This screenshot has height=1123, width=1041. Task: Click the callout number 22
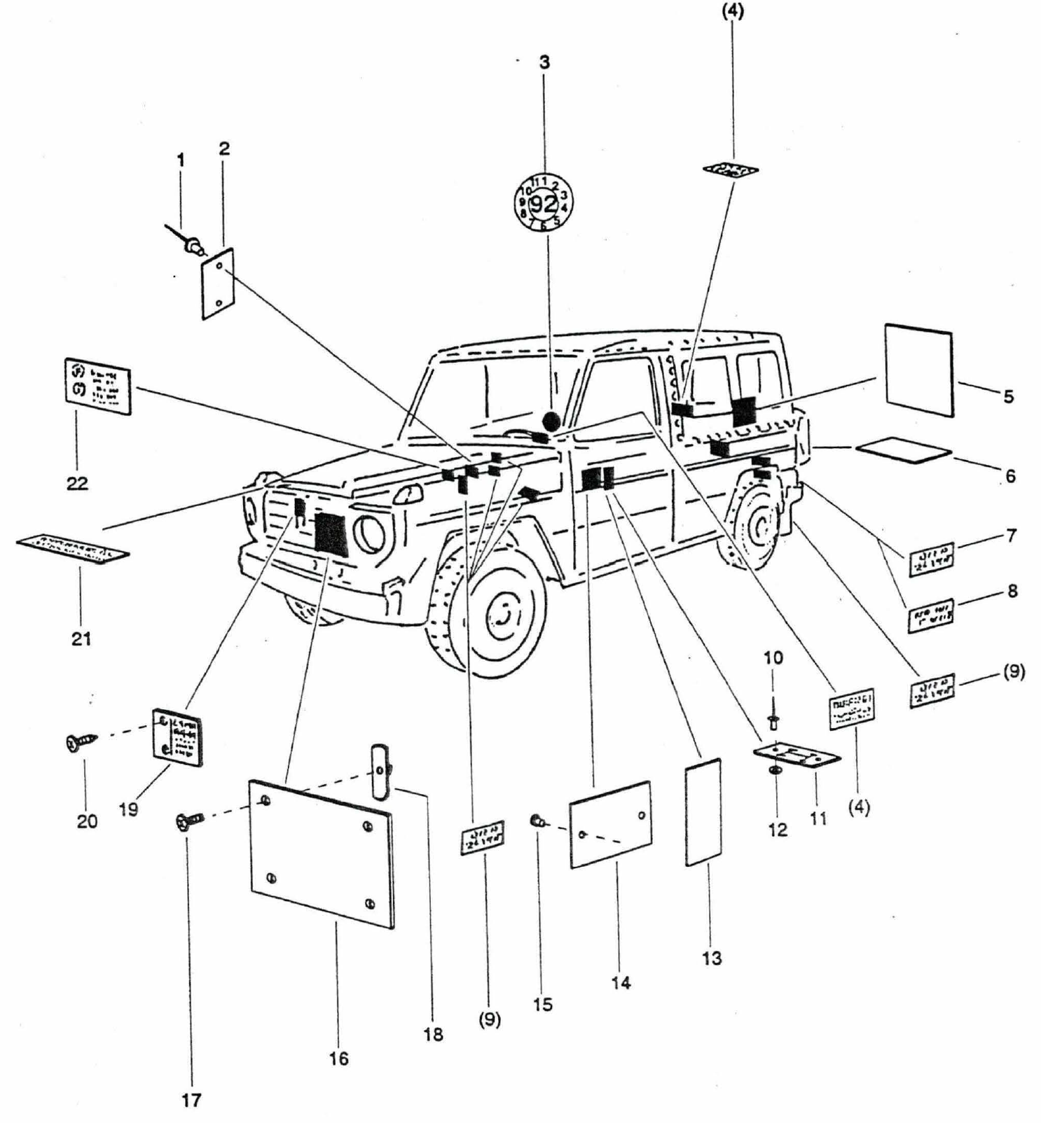point(77,483)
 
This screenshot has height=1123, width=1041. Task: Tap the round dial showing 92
point(544,204)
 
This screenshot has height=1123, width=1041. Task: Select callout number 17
point(191,1100)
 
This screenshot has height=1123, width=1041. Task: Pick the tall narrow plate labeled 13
point(703,812)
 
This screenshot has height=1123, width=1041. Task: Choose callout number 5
point(1008,396)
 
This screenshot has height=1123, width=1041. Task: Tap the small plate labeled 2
point(218,284)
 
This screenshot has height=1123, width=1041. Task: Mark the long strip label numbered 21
point(72,548)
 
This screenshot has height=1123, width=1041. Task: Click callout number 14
point(621,982)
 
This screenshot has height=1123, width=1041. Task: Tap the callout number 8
point(1012,591)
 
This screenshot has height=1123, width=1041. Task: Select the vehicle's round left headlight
point(368,534)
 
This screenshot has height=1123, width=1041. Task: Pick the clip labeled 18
point(379,772)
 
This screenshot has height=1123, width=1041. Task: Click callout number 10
point(773,657)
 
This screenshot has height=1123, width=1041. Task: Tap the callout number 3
point(544,62)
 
